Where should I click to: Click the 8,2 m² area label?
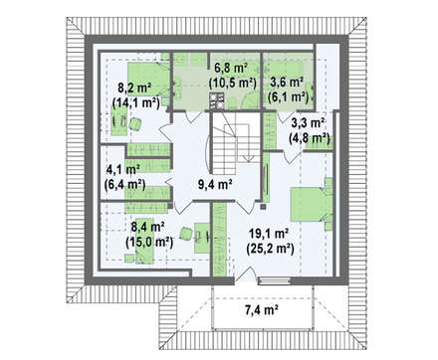point(134,89)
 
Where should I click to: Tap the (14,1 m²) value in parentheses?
point(136,102)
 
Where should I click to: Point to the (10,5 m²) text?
point(233,83)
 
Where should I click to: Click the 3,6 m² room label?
point(287,83)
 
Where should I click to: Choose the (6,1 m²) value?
point(289,96)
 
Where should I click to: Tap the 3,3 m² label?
point(308,123)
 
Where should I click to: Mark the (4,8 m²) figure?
point(310,137)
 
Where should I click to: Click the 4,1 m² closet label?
point(122,169)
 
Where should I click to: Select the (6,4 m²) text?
point(124,184)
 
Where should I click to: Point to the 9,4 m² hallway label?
point(215,184)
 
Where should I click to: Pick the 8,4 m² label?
point(148,228)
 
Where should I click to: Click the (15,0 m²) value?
point(149,242)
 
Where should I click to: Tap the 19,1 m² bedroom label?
point(269,234)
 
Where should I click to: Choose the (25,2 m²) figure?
point(270,248)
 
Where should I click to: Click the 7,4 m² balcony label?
point(262,310)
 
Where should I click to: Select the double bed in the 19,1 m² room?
point(312,204)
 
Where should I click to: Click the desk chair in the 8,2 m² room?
point(135,124)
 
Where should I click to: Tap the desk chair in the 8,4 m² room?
point(186,234)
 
